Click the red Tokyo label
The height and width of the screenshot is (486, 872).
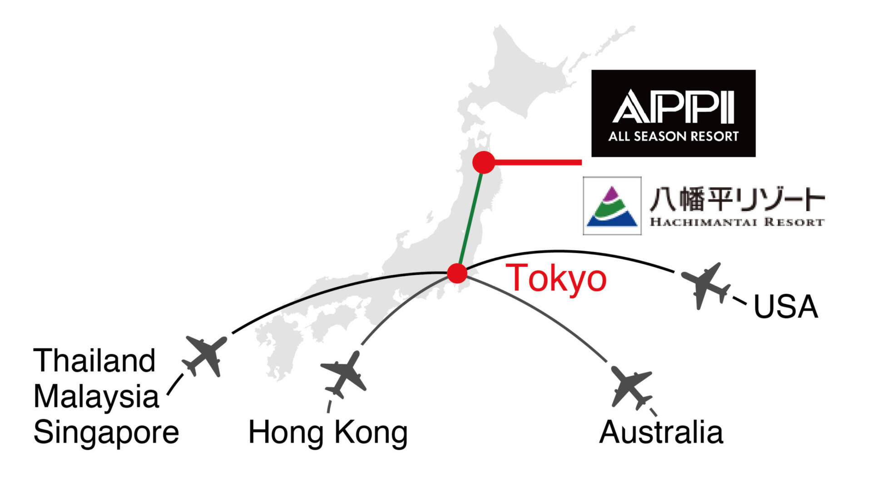click(556, 278)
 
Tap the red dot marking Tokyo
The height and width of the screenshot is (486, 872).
click(457, 273)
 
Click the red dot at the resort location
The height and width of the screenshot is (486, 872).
click(483, 163)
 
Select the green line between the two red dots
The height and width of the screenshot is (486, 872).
click(471, 218)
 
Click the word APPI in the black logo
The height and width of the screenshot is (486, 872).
click(673, 107)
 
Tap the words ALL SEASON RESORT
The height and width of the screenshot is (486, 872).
click(673, 136)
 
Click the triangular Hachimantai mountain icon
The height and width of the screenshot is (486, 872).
click(612, 206)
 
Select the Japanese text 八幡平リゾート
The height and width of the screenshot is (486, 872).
click(737, 200)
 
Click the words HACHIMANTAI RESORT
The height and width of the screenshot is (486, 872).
click(737, 222)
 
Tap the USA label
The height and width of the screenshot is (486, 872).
click(786, 307)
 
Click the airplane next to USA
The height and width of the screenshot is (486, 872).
click(705, 285)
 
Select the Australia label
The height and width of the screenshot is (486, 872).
click(661, 432)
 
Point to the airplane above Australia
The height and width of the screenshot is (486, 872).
click(631, 387)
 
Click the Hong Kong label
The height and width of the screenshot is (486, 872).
click(327, 432)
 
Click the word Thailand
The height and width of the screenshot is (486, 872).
click(94, 361)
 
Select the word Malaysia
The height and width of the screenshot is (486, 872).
click(96, 396)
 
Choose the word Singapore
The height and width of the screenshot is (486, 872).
click(106, 432)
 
